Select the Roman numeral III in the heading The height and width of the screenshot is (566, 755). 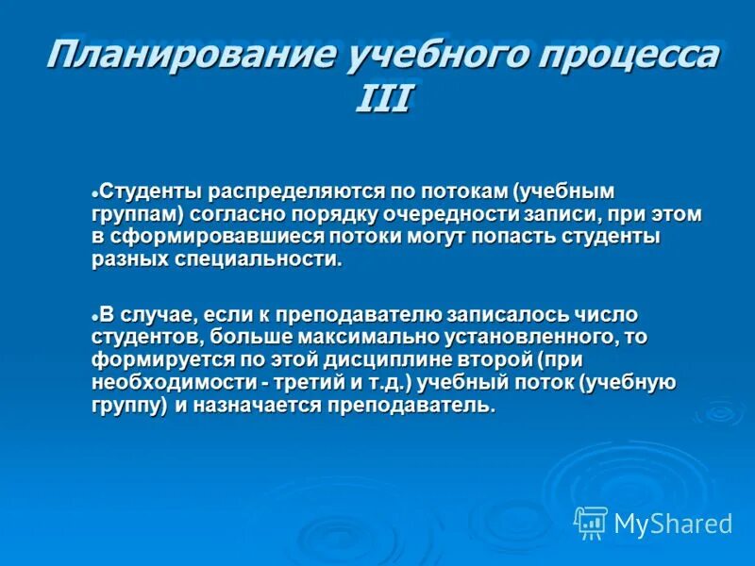[382, 97]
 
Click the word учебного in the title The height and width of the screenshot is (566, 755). [412, 56]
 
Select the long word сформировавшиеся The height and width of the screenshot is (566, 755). [202, 237]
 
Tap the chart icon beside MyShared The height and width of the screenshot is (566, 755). [591, 523]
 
